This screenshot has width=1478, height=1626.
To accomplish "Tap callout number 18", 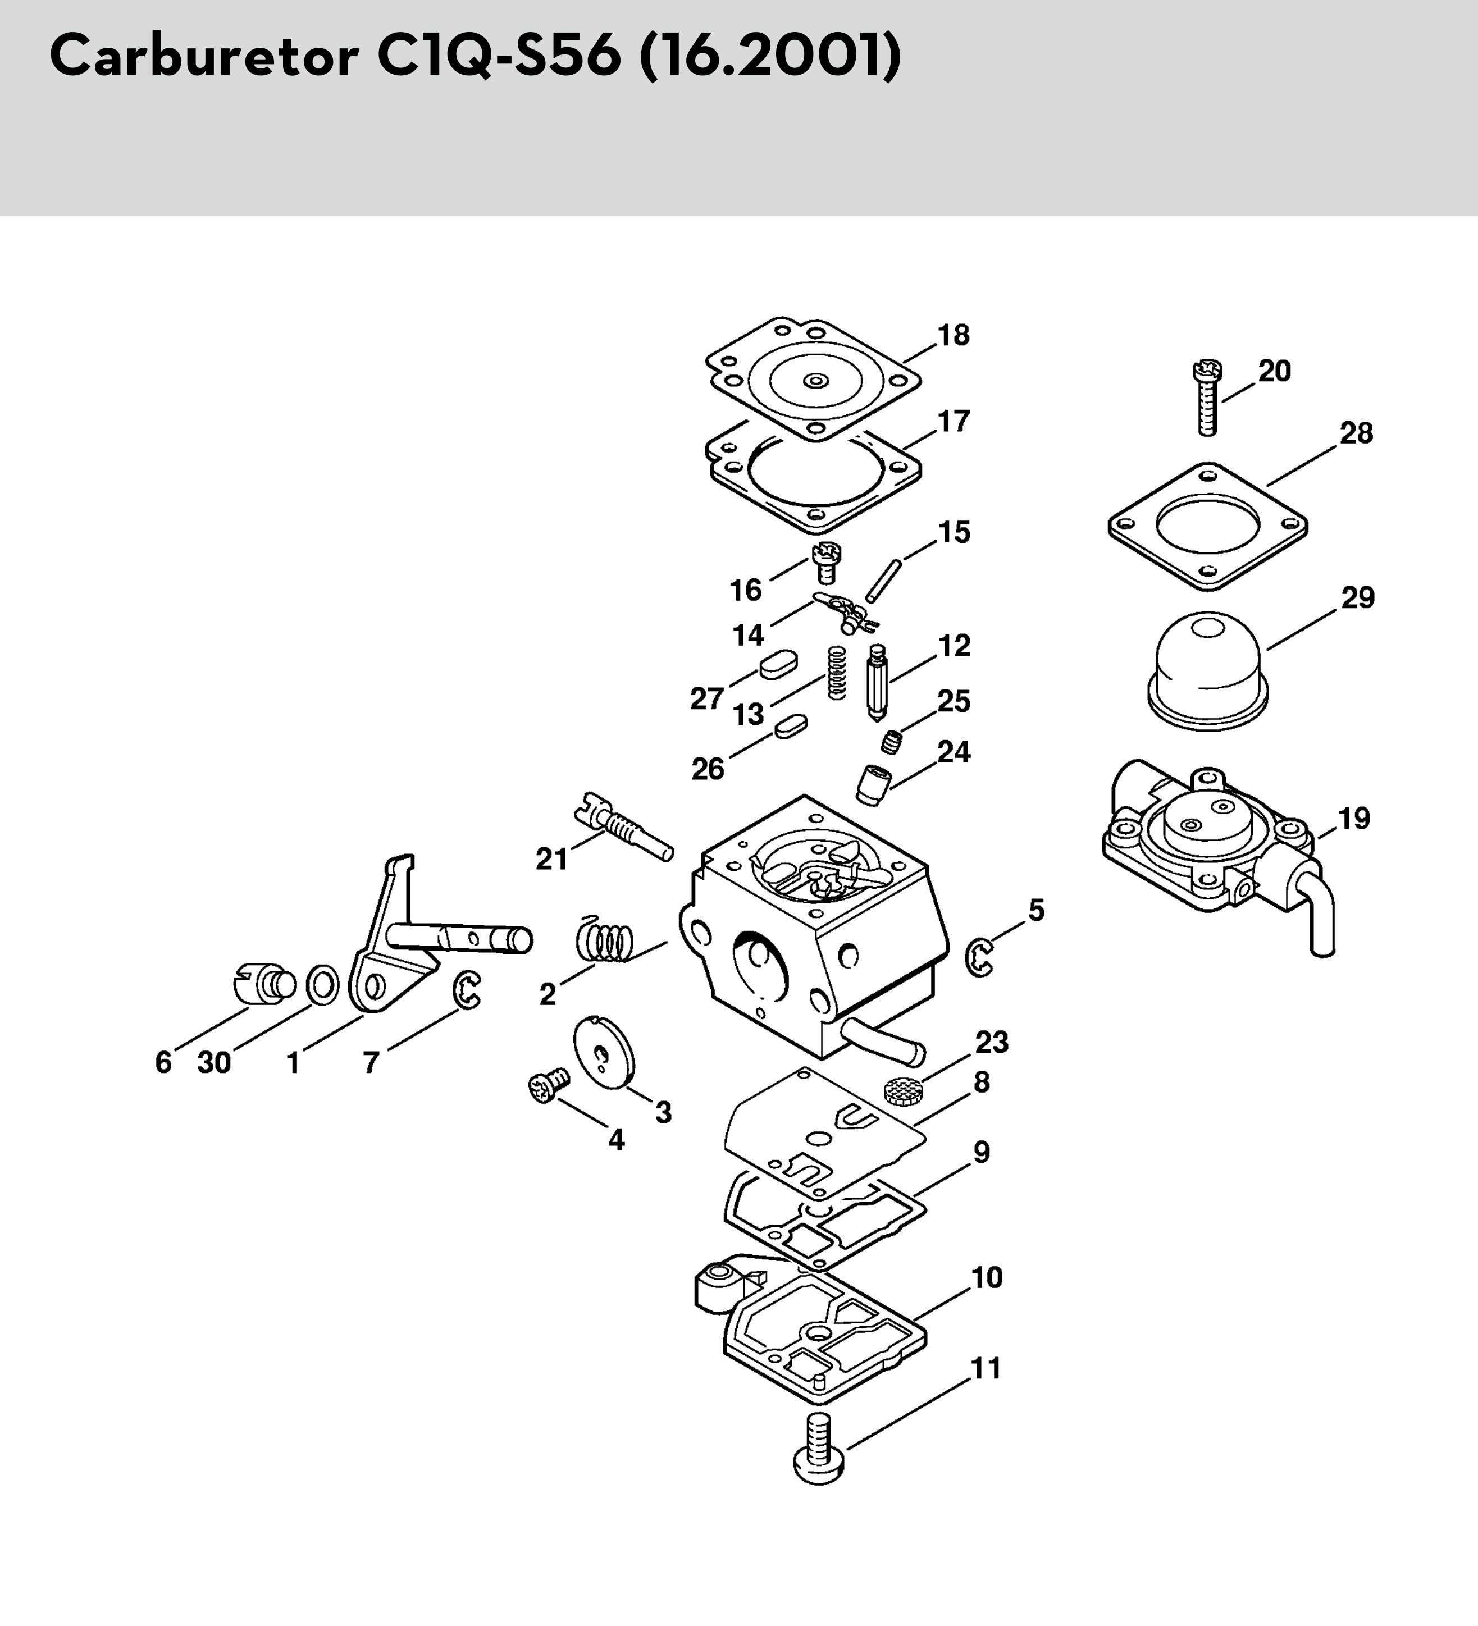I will point(953,336).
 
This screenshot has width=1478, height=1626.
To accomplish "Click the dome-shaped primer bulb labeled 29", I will point(1207,669).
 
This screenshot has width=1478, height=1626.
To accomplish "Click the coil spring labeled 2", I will point(605,940).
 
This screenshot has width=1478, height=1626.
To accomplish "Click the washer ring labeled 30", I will point(323,985).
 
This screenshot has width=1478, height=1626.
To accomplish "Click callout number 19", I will point(1354,819).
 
